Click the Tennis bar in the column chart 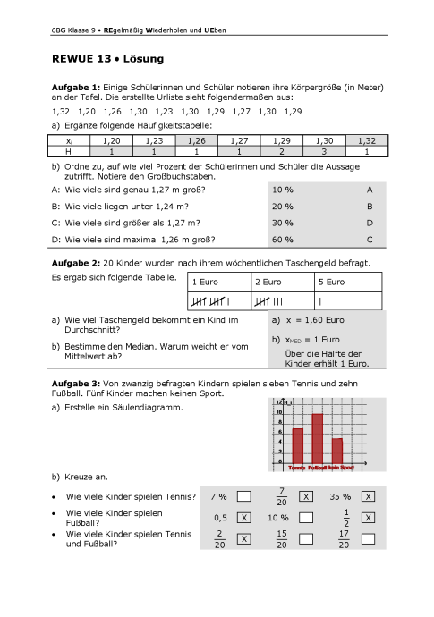[x=298, y=446]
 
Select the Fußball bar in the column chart [x=317, y=439]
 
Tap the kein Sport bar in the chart [x=337, y=452]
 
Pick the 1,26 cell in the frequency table [x=198, y=141]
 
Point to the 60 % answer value [x=283, y=239]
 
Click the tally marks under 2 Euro [x=270, y=300]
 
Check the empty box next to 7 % [x=243, y=496]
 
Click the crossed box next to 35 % [x=368, y=496]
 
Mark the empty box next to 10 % [x=306, y=518]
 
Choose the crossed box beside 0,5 [x=243, y=518]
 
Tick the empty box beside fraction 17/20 [x=368, y=539]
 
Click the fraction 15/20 [x=281, y=539]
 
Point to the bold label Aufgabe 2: [x=76, y=263]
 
